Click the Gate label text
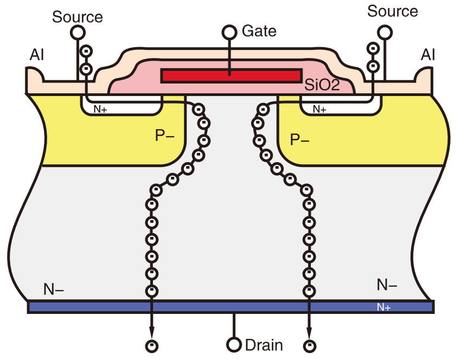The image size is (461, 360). [259, 31]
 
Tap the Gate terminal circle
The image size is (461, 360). [229, 32]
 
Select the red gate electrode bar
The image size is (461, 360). [232, 75]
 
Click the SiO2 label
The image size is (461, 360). [322, 85]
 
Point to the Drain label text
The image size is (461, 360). [264, 345]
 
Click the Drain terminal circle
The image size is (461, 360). [234, 345]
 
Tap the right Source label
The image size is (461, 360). [393, 11]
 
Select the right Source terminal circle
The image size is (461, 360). [386, 32]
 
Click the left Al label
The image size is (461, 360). [37, 55]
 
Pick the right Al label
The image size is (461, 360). [428, 54]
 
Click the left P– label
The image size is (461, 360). [164, 136]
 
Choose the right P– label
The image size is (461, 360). [300, 140]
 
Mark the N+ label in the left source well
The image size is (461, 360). [100, 109]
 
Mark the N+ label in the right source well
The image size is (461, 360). [320, 109]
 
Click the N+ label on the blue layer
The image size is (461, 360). [384, 307]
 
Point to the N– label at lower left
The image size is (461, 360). [54, 290]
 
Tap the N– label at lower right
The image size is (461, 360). [387, 285]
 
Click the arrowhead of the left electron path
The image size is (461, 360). [152, 331]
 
